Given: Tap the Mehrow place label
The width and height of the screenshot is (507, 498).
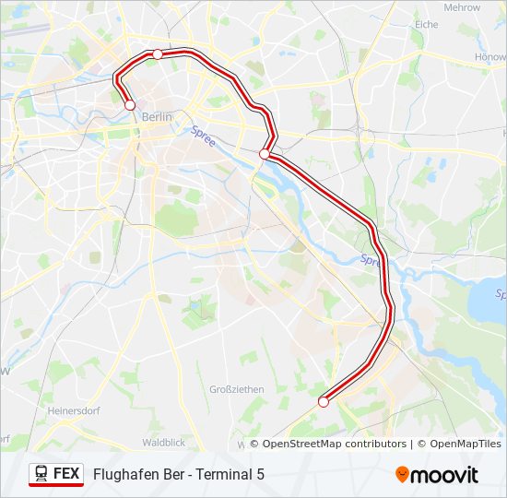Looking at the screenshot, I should [462, 7].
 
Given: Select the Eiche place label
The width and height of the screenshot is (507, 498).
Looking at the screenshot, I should [427, 25].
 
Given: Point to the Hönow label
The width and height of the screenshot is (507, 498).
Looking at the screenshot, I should [489, 56].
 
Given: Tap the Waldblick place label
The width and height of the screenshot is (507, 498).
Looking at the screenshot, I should [164, 443].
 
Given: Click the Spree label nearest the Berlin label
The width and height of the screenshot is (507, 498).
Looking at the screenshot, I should [203, 133].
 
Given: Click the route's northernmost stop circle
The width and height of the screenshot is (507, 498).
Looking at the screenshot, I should [158, 54].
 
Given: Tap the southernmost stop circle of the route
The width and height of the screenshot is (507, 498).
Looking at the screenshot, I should [324, 401].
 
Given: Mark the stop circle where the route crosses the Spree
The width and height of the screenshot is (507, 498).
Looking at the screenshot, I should [265, 154].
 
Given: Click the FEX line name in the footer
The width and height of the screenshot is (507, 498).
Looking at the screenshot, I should [66, 473].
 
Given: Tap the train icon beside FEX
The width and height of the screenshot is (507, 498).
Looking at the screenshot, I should [41, 473].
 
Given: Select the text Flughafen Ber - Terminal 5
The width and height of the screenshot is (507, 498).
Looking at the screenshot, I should [179, 474].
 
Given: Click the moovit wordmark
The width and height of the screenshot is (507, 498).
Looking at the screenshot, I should [445, 475].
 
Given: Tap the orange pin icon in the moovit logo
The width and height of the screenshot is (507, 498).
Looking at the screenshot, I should [403, 474].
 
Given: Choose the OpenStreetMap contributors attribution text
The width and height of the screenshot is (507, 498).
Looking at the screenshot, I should [335, 444].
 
